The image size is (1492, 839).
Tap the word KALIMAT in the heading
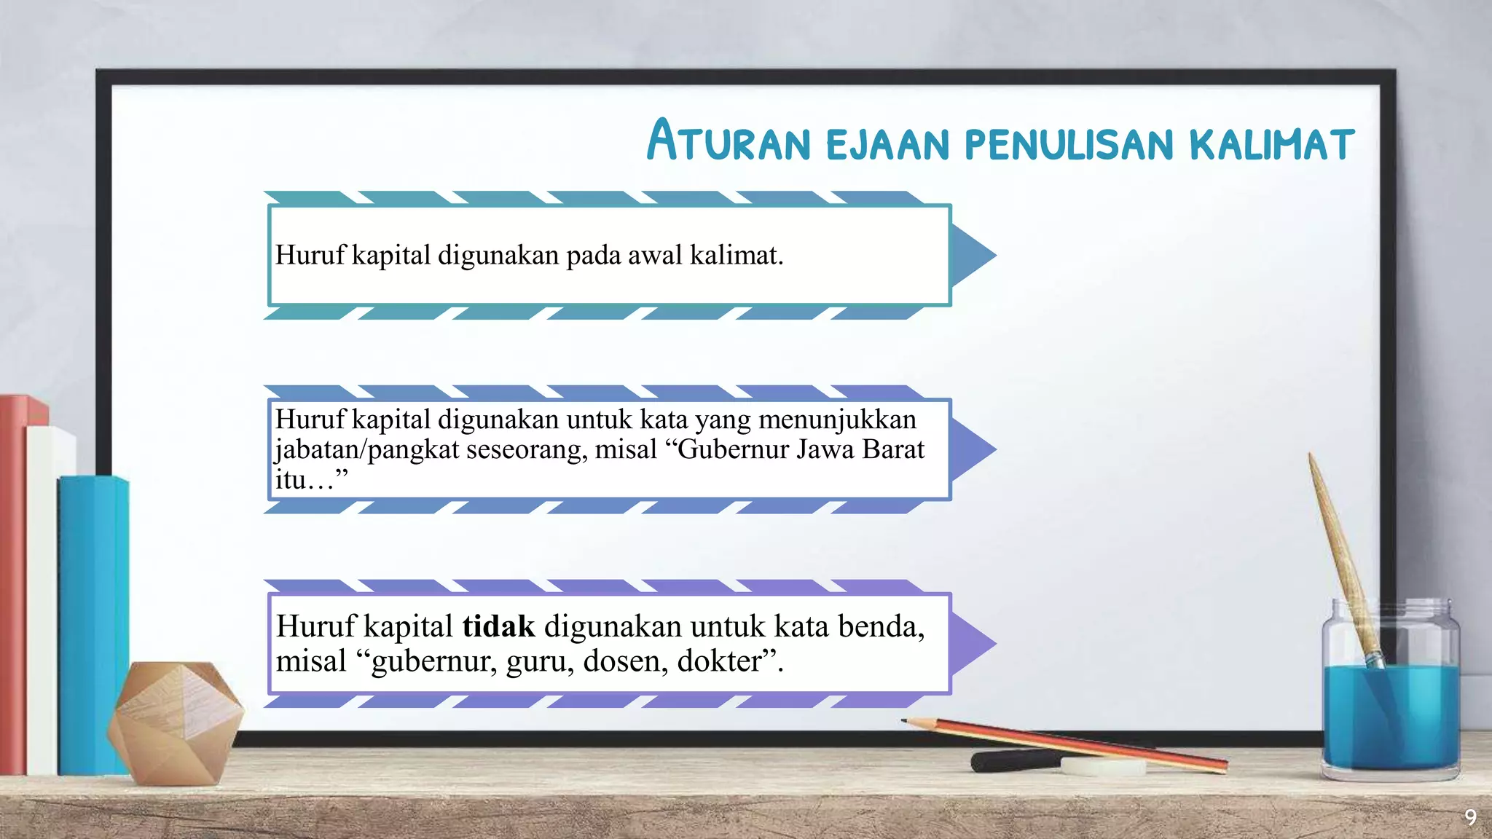[1271, 143]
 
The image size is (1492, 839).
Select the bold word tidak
[498, 626]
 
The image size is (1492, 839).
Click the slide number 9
[1470, 817]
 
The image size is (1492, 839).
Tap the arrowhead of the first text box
[973, 255]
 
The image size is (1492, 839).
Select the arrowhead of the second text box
[973, 449]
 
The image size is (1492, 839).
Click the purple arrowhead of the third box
[973, 644]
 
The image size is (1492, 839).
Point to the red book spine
[13, 583]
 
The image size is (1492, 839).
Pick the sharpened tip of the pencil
[906, 720]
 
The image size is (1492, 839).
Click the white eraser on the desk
[1102, 765]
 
